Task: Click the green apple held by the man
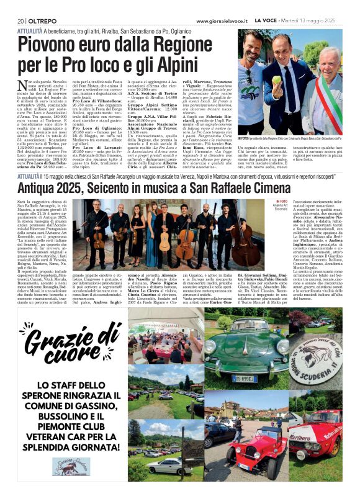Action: (276, 81)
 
